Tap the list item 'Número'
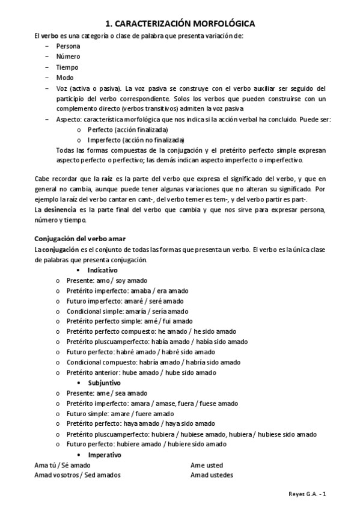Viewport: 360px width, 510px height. coord(68,57)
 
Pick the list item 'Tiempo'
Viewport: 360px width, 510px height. coord(67,67)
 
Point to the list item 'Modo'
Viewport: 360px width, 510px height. coord(65,78)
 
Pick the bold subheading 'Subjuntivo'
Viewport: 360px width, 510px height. coord(104,382)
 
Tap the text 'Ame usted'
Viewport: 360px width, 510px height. coord(206,465)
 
